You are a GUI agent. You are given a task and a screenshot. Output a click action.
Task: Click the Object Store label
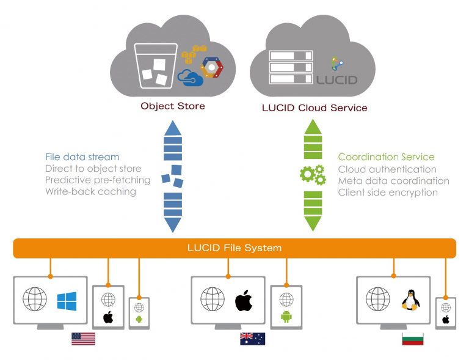point(173,106)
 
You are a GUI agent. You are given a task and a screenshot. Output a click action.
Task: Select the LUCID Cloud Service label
point(314,108)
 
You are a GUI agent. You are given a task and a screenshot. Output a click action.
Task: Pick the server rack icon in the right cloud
point(290,67)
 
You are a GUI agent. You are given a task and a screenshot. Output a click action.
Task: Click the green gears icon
point(312,174)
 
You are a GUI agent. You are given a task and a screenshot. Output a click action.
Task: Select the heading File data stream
point(82,157)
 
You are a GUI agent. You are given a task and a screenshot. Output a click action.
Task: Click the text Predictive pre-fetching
point(97,180)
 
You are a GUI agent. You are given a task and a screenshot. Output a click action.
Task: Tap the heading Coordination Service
point(386,157)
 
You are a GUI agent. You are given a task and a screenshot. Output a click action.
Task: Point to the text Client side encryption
point(387,193)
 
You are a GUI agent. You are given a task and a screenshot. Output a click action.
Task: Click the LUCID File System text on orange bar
point(234,248)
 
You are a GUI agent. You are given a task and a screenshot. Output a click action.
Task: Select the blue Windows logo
point(67,301)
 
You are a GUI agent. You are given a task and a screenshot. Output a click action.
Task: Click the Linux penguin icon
point(410,299)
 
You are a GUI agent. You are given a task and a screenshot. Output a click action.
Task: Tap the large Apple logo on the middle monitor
point(244,299)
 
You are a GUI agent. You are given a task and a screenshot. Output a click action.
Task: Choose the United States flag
point(83,339)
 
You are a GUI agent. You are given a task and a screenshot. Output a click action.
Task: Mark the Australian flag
point(252,339)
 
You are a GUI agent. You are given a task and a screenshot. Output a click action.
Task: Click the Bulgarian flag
point(413,339)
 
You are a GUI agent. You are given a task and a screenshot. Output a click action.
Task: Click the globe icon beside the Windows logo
point(35,299)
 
